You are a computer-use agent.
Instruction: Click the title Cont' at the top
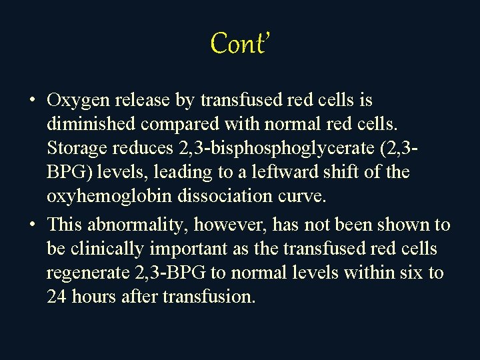pos(239,43)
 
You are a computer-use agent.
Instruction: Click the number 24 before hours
pos(56,297)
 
